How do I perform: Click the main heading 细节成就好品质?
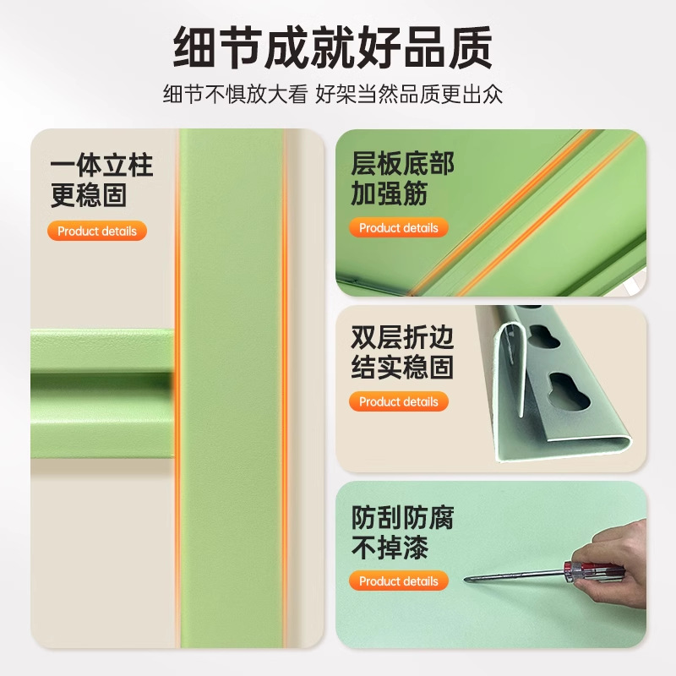(x=332, y=47)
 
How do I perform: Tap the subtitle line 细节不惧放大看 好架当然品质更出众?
(x=332, y=94)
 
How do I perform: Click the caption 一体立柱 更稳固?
(x=101, y=180)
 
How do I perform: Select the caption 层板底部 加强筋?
(x=402, y=178)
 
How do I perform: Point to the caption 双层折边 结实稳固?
(x=402, y=352)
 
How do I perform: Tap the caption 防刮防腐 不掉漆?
(x=402, y=532)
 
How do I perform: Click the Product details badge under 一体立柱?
(x=97, y=231)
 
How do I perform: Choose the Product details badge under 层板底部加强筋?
(x=399, y=227)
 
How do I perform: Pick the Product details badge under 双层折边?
(x=399, y=402)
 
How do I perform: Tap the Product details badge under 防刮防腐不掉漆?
(x=399, y=581)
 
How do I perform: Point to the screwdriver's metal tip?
(x=466, y=580)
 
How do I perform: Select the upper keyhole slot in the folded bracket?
(x=544, y=336)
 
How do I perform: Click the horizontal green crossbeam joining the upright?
(x=102, y=393)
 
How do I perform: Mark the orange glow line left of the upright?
(x=177, y=388)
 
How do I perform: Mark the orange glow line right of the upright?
(x=285, y=388)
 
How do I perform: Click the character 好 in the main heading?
(x=379, y=47)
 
